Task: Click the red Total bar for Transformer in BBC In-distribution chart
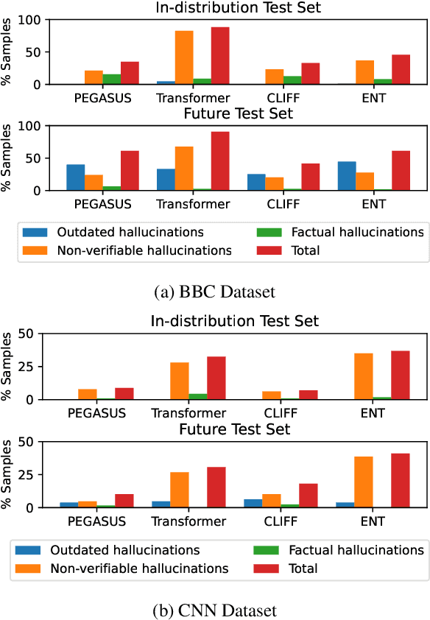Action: click(220, 56)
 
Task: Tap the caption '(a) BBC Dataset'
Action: click(214, 292)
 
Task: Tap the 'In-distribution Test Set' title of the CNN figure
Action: click(235, 320)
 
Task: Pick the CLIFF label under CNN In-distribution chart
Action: click(281, 413)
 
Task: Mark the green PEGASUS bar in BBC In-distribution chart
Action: click(112, 80)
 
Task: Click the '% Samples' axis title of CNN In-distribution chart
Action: click(9, 366)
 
